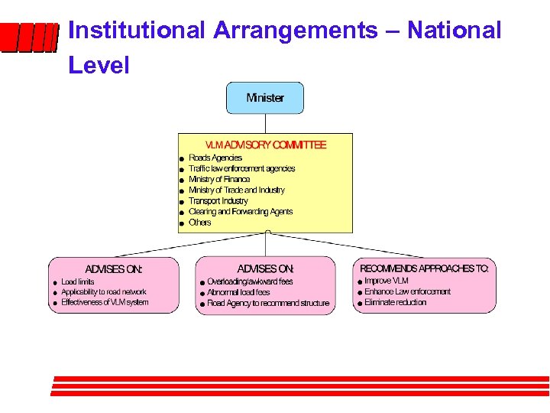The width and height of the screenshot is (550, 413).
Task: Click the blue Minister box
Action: [264, 98]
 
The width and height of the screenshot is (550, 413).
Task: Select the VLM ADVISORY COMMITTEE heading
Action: [265, 145]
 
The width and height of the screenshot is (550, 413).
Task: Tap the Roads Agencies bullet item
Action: [215, 158]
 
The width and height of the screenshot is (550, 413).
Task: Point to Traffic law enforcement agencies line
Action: [241, 168]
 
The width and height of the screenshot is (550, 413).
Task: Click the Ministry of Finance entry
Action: [219, 179]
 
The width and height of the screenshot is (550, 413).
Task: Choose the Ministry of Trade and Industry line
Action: [236, 190]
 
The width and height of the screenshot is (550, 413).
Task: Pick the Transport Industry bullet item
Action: [218, 201]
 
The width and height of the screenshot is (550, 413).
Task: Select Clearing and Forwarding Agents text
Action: [241, 212]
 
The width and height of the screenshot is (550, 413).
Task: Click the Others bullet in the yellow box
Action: [199, 223]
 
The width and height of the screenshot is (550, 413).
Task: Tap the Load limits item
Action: [78, 281]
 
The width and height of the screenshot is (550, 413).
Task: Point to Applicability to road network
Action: [103, 292]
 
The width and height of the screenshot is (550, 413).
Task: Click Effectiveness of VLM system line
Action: [105, 303]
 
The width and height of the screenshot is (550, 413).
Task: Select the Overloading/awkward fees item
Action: [250, 281]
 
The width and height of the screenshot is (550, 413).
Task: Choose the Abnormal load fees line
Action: [238, 292]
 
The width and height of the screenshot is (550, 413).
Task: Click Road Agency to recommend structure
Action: [268, 304]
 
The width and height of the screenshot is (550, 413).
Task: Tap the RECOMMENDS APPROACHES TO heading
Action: [424, 268]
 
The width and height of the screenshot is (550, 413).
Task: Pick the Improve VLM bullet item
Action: [387, 281]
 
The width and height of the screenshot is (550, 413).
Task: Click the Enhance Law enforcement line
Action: [407, 291]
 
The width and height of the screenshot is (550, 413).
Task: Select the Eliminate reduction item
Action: [395, 303]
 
